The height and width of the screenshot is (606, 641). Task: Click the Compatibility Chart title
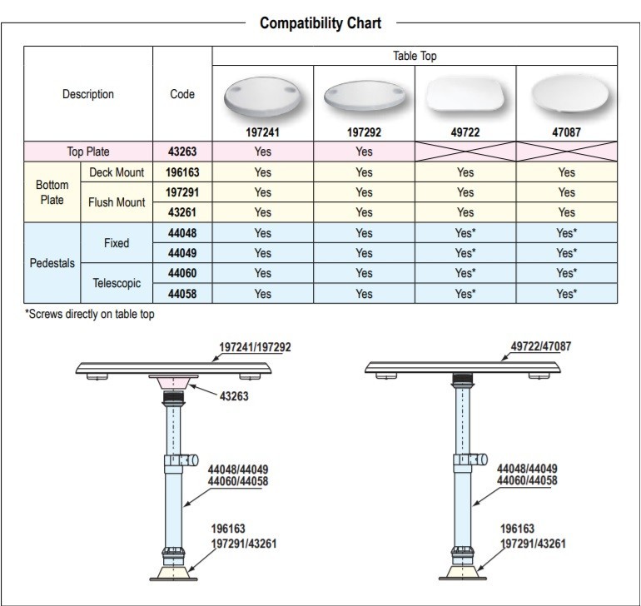coord(320,23)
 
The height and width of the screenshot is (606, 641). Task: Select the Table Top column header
coord(415,57)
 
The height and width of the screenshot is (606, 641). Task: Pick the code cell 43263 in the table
coord(182,151)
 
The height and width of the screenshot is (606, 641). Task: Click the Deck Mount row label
coord(117,172)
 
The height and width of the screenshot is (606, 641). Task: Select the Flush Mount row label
coord(117,202)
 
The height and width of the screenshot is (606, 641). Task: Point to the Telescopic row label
coord(117,283)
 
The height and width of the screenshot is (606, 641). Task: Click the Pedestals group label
coord(52,263)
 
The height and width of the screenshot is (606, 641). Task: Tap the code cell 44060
coord(182,273)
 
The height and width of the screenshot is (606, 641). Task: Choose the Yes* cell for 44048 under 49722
coord(465,233)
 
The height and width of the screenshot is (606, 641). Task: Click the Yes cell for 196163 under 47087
coord(566,172)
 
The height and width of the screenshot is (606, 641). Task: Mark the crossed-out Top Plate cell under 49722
coord(465,151)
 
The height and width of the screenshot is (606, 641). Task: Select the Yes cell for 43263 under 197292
coord(364,151)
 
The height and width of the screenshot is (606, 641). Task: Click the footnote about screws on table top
coord(90,314)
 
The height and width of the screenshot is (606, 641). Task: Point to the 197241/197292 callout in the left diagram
coord(255,347)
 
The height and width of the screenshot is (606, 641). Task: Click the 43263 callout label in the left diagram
coord(234,396)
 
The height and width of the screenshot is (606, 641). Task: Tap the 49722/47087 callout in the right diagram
coord(540,345)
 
